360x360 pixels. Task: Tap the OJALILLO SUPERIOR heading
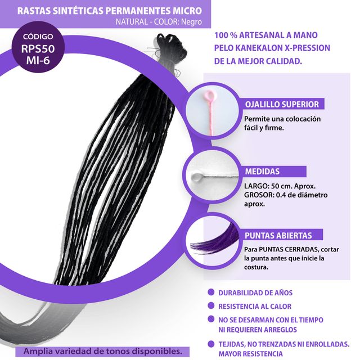coord(282,104)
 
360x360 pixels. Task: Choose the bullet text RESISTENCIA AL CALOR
coord(255,306)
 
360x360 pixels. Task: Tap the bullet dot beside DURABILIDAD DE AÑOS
coord(210,292)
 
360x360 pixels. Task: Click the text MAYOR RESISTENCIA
coord(251,353)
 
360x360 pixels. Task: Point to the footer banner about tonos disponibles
coord(102,351)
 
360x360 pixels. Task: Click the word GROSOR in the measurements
coord(258,195)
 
